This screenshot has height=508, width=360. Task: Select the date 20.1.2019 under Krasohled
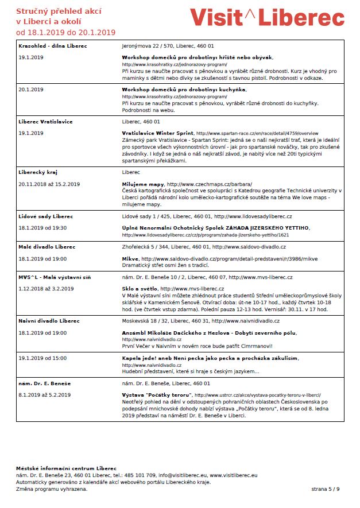[31, 90]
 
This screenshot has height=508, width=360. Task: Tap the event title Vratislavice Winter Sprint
[157, 133]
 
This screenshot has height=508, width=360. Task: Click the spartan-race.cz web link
[257, 133]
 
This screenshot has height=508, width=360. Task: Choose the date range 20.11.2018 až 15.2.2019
[49, 184]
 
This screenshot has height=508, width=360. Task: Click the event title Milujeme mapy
[143, 184]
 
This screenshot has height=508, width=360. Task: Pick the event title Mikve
[130, 259]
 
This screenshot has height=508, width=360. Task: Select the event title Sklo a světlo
[140, 289]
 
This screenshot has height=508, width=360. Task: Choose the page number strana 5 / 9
[326, 488]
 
